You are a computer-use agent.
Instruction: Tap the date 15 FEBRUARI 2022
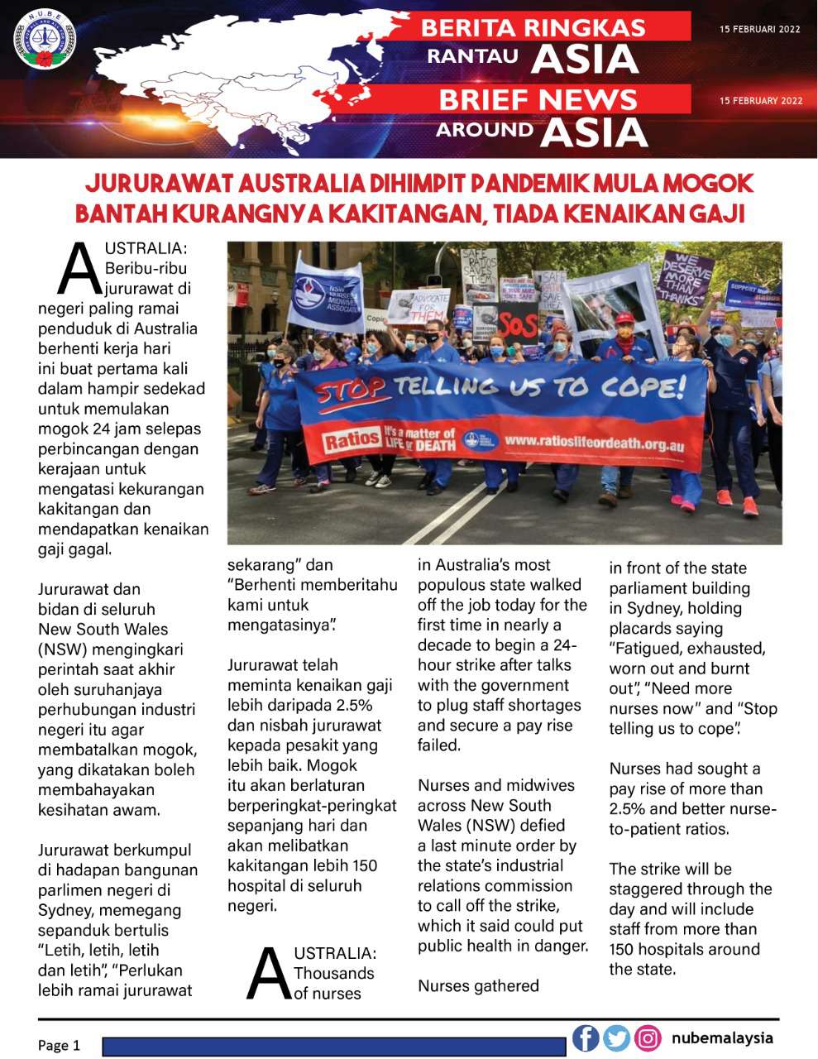pyautogui.click(x=760, y=29)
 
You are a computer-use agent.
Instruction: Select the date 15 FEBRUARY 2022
pyautogui.click(x=761, y=101)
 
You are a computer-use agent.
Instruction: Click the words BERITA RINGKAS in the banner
pyautogui.click(x=533, y=27)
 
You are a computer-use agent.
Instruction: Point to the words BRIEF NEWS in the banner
pyautogui.click(x=538, y=99)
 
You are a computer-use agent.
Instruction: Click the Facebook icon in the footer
pyautogui.click(x=586, y=1037)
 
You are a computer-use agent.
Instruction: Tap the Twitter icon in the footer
pyautogui.click(x=616, y=1037)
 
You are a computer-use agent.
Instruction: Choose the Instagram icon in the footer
pyautogui.click(x=648, y=1037)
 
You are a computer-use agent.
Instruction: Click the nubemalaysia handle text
pyautogui.click(x=722, y=1037)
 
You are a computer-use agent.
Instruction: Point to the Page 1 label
pyautogui.click(x=60, y=1045)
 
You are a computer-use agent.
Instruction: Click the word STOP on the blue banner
pyautogui.click(x=348, y=388)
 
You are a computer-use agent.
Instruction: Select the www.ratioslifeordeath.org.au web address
pyautogui.click(x=593, y=444)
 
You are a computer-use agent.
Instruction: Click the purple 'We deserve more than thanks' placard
pyautogui.click(x=684, y=276)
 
